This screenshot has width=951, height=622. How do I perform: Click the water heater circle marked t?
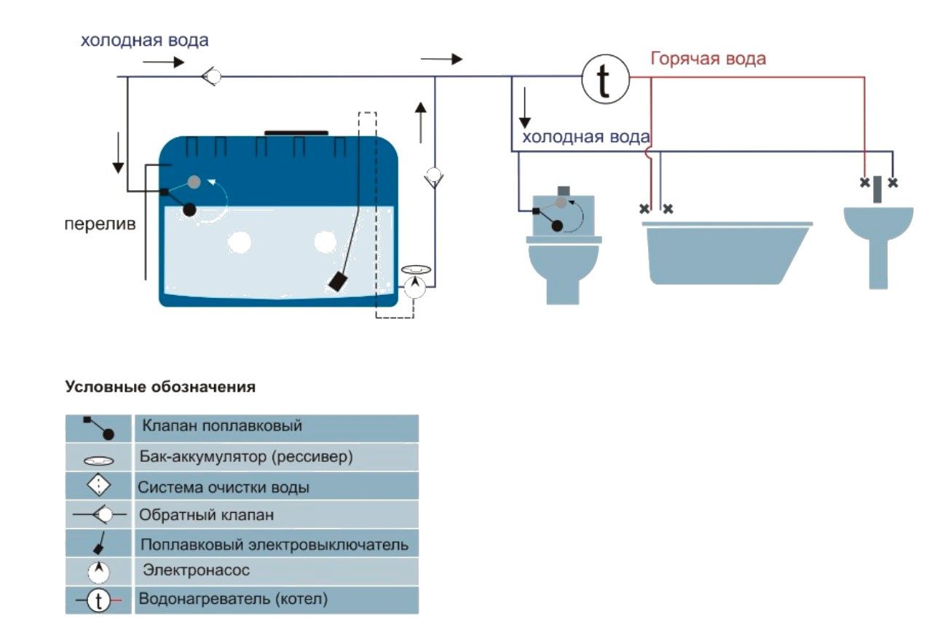coord(605,79)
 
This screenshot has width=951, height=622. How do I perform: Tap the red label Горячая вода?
coord(708,58)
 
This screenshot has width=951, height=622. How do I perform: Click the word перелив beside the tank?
coord(98,224)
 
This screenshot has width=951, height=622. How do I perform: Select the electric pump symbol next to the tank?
coord(415,286)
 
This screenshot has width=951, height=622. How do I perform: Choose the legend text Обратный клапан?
coord(208,516)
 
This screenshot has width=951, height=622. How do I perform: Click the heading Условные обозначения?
coord(160,387)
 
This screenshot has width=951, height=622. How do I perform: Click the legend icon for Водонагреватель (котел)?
coord(98,600)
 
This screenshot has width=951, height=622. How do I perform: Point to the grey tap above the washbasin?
coord(878,189)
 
